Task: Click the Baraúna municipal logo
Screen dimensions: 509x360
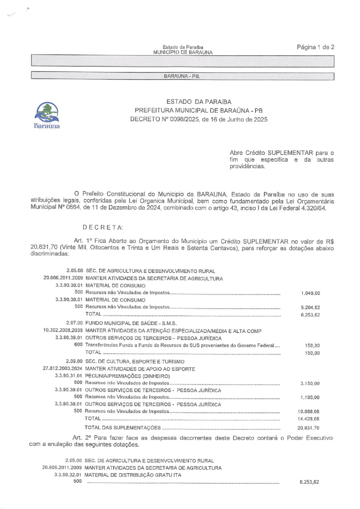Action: pyautogui.click(x=47, y=116)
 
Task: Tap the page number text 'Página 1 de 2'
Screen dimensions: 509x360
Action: pyautogui.click(x=315, y=47)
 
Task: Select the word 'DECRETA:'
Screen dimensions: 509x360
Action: pyautogui.click(x=103, y=228)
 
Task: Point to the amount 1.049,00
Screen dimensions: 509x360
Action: pyautogui.click(x=310, y=293)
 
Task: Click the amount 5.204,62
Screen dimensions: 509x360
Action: pyautogui.click(x=310, y=308)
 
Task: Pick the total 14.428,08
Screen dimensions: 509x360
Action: pyautogui.click(x=309, y=419)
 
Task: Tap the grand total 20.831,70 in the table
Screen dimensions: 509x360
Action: pyautogui.click(x=309, y=428)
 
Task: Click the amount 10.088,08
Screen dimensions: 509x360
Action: pyautogui.click(x=309, y=411)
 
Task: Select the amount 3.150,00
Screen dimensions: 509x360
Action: pyautogui.click(x=310, y=384)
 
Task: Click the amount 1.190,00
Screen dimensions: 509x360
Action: pyautogui.click(x=310, y=398)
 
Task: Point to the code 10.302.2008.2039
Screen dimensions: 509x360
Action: pyautogui.click(x=63, y=331)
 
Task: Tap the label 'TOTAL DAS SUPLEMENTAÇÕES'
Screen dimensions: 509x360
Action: pyautogui.click(x=122, y=428)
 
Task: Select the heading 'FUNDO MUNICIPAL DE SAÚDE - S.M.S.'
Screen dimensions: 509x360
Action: pyautogui.click(x=131, y=323)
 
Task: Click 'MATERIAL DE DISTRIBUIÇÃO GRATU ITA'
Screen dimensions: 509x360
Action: pyautogui.click(x=133, y=475)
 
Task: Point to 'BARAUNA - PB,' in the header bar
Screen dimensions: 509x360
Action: pyautogui.click(x=181, y=76)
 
